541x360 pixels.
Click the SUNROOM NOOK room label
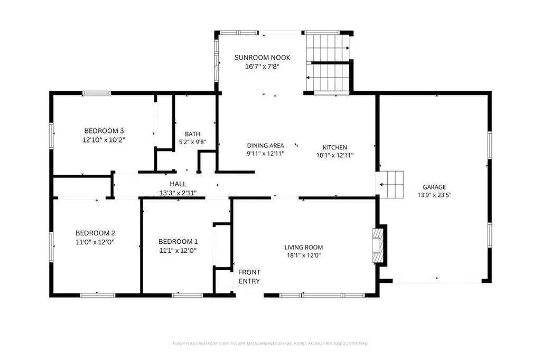[x=262, y=58]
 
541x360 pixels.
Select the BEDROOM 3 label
[x=104, y=131]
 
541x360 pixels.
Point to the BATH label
[x=192, y=134]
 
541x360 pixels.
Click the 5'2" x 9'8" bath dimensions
[x=192, y=142]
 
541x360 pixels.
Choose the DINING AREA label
[x=266, y=146]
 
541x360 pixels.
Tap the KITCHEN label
[x=335, y=147]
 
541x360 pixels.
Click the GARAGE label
[x=434, y=187]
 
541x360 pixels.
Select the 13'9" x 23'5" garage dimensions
[x=434, y=195]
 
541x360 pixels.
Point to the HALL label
[x=178, y=184]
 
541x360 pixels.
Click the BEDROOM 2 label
[x=95, y=233]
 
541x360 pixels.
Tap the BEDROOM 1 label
[x=178, y=242]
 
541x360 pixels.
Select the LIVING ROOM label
[x=303, y=247]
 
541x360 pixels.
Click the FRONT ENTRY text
[x=249, y=277]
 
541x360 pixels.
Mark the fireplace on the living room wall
[x=378, y=245]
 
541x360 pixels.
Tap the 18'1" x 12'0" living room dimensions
[x=303, y=255]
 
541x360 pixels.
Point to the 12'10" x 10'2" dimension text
[x=104, y=140]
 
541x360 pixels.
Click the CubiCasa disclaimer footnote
[x=270, y=344]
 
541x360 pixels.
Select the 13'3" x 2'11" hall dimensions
[x=178, y=193]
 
